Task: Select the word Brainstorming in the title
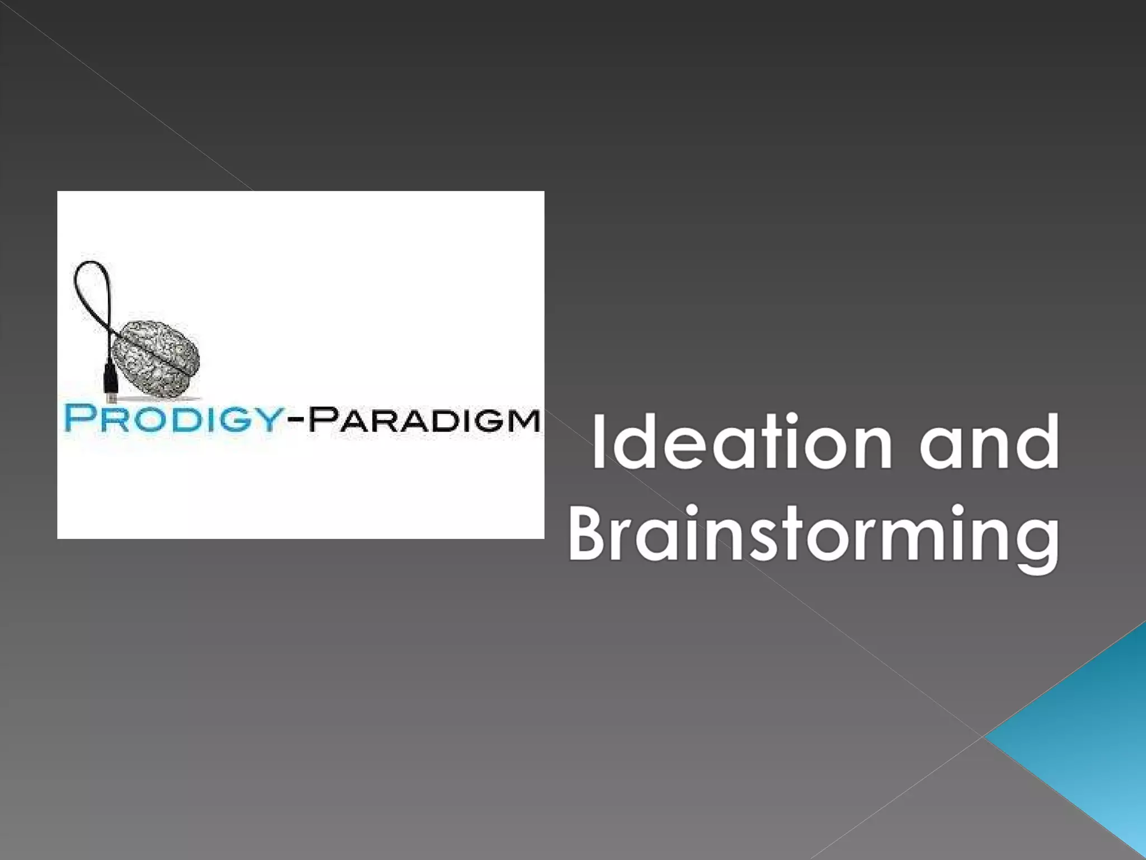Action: point(814,533)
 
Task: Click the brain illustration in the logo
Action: point(156,357)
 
